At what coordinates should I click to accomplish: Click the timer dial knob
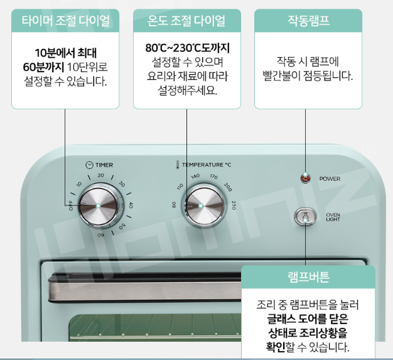point(98,205)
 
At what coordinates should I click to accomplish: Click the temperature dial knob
point(201,205)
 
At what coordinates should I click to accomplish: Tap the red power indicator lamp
point(306,178)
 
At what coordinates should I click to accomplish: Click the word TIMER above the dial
point(104,165)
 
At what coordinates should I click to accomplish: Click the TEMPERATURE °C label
point(207,165)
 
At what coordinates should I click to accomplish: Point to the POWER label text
point(330,179)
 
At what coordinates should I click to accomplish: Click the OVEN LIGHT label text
point(333,217)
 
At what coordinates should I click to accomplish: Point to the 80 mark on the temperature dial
point(174,204)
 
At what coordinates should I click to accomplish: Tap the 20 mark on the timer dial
point(101,177)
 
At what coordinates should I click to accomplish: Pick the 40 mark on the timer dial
point(131,205)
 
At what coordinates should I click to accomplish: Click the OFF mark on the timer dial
point(71,205)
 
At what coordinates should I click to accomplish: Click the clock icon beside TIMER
point(90,165)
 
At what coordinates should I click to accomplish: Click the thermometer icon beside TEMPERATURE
point(178,165)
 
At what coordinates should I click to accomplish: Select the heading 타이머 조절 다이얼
point(65,21)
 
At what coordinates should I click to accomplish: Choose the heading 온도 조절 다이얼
point(186,21)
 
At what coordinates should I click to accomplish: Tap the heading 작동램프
point(308,21)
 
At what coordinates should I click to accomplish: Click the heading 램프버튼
point(308,277)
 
